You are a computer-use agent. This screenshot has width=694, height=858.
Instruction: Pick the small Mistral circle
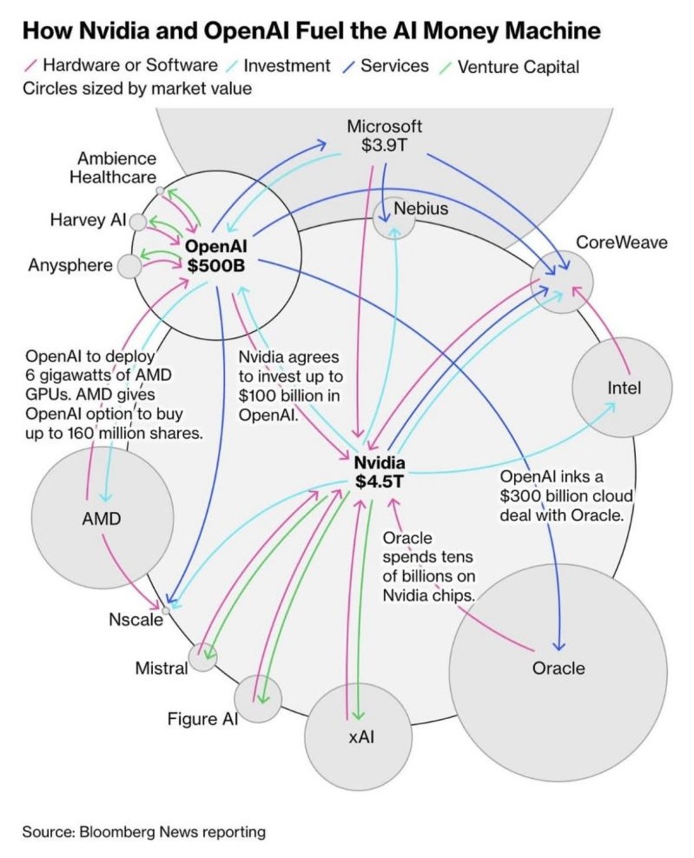(202, 658)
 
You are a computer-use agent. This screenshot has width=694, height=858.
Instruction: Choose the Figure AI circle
(259, 699)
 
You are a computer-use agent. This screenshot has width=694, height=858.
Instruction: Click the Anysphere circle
(129, 266)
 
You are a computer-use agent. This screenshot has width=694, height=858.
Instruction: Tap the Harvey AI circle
(138, 221)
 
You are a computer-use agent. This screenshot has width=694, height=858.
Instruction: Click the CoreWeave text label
(622, 242)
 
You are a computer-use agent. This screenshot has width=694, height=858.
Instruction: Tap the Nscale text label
(136, 620)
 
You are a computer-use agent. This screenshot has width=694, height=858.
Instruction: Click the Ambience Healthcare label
(116, 168)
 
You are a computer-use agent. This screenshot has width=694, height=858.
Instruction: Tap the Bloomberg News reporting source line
(144, 831)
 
